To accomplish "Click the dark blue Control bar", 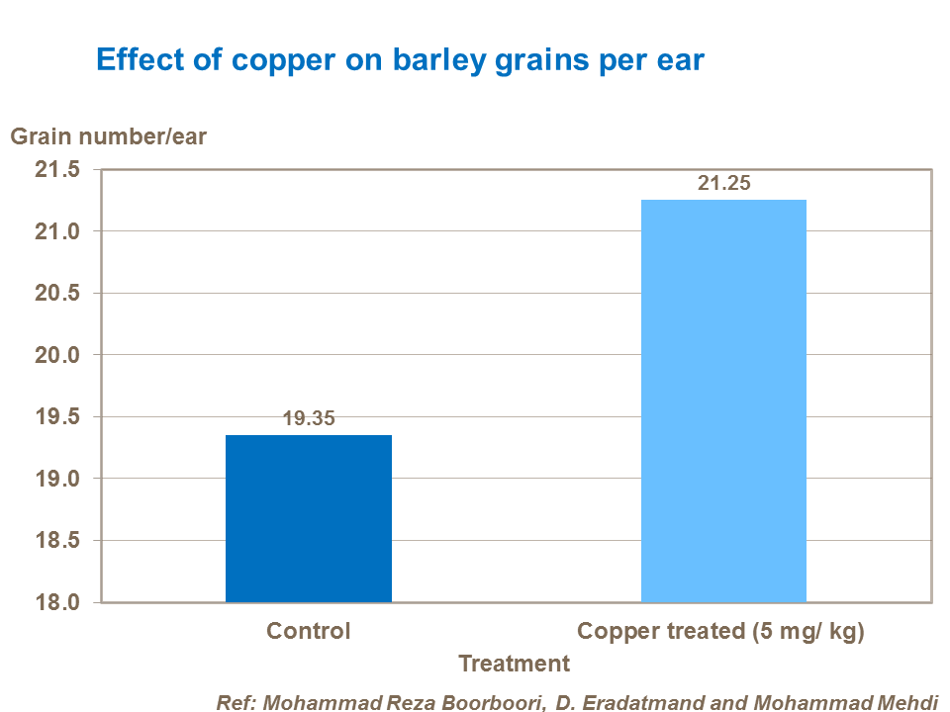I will pos(309,518).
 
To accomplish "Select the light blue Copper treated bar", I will pos(723,400).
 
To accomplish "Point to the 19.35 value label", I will pos(309,418).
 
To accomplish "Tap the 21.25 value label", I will pos(724,183).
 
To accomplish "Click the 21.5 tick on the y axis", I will pos(56,170).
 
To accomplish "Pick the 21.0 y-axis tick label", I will pos(56,231).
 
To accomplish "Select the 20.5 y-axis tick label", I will pos(56,294).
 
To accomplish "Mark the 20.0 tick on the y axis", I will pos(56,355).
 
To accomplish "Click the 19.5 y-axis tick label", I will pos(56,417).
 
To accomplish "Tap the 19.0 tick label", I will pos(56,479).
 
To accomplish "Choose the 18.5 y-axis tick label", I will pos(56,541).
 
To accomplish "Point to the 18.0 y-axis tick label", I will pos(56,602).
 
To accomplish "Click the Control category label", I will pos(309,631).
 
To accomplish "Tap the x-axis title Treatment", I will pos(515,664).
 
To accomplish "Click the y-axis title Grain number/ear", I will pos(109,136).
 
